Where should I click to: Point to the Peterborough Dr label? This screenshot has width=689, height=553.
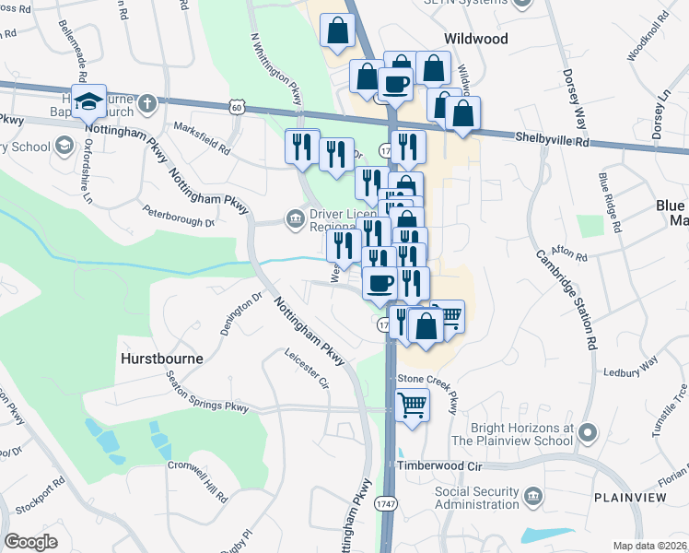[x=179, y=216]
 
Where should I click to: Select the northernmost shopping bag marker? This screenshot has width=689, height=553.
[x=338, y=29]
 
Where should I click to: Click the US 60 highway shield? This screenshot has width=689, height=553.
[x=238, y=108]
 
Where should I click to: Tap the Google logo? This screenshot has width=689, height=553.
[x=31, y=542]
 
